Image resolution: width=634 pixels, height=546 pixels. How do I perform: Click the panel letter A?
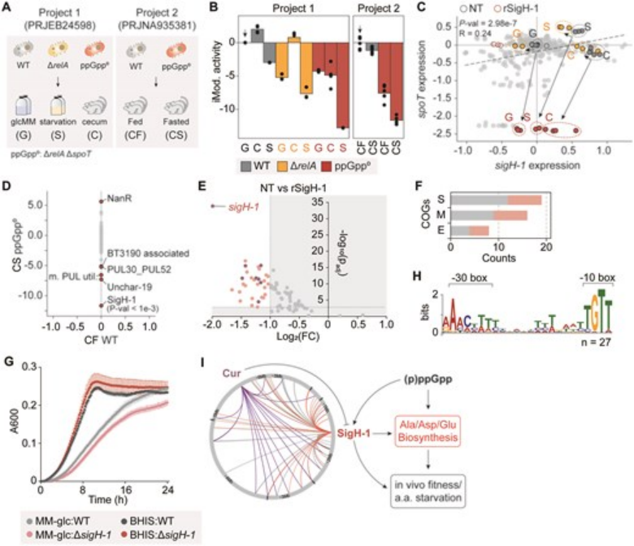click(7, 6)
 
